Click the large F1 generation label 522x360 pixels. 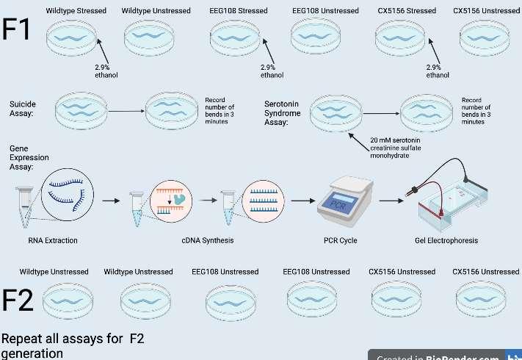point(18,30)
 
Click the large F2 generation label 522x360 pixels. point(18,300)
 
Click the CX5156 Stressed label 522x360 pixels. point(405,11)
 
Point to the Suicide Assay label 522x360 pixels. point(23,109)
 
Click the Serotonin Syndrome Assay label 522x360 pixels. point(283,113)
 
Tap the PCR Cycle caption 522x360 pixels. point(340,240)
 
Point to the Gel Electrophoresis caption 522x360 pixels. point(446,240)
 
